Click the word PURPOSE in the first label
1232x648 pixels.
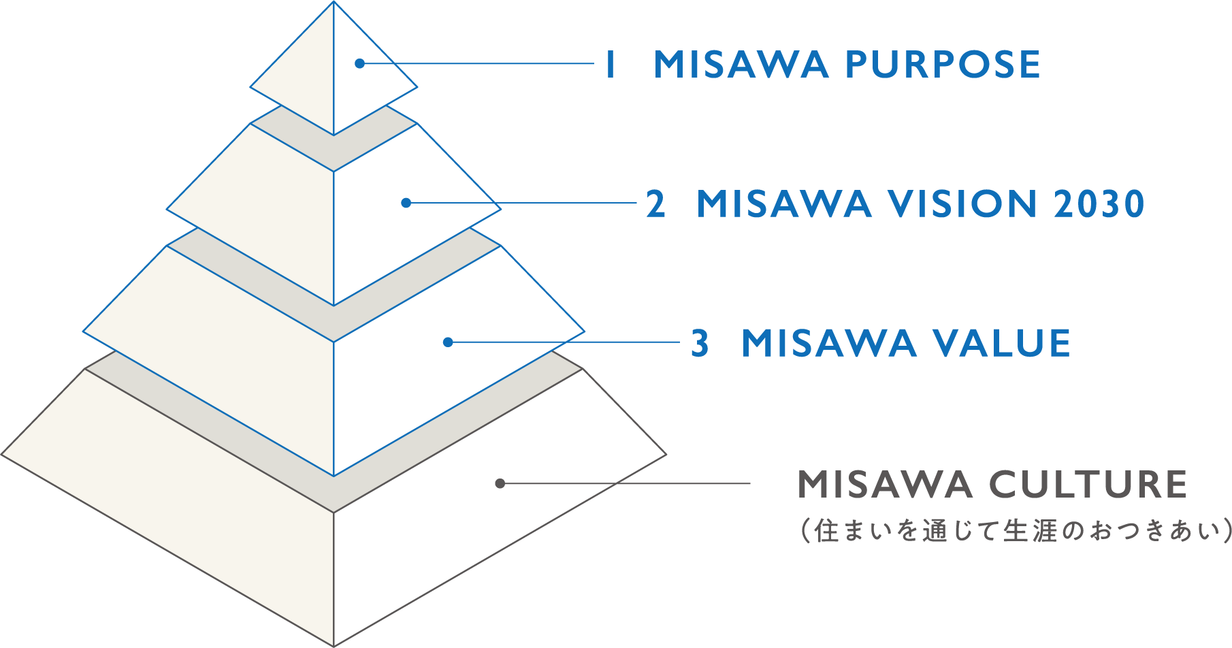(942, 65)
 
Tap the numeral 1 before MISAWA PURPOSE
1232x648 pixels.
(611, 65)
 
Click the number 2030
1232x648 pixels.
(1099, 204)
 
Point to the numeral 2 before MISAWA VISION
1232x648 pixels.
(655, 204)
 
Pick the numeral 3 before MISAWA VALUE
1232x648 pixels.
(700, 343)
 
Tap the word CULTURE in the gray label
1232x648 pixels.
(1087, 485)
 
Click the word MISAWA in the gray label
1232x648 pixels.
(885, 485)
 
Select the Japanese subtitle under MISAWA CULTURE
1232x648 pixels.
(1014, 531)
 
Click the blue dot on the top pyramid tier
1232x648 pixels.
(359, 63)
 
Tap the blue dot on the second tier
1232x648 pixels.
(406, 203)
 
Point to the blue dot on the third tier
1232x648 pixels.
(447, 342)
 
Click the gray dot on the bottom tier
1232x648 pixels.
(500, 483)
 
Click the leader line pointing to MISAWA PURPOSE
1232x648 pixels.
(476, 64)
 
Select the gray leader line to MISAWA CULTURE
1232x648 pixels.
(626, 484)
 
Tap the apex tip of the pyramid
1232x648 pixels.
(334, 3)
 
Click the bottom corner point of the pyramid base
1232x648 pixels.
(334, 645)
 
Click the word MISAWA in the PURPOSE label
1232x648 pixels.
(741, 65)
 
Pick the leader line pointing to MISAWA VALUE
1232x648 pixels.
(565, 342)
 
